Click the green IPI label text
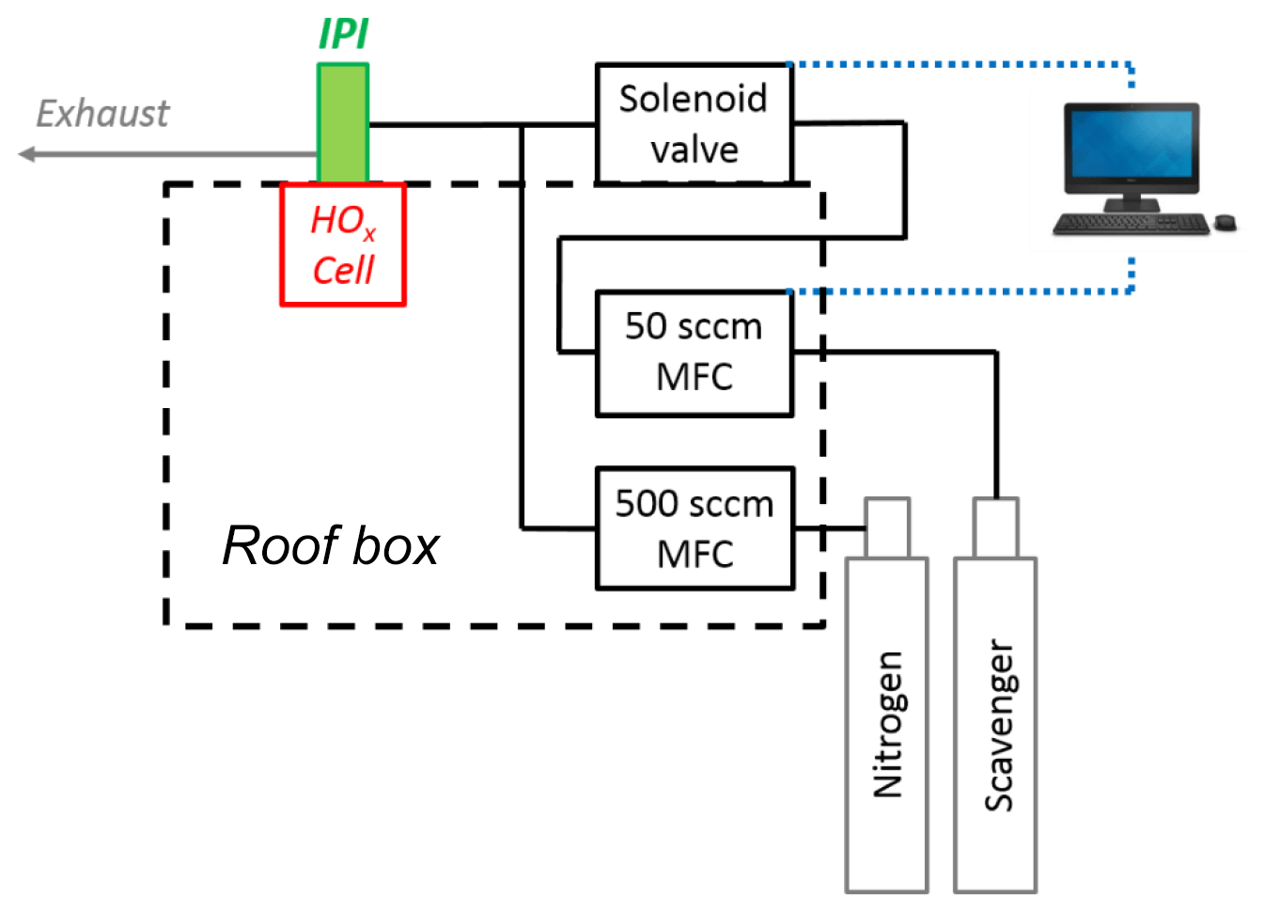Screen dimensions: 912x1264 coord(344,34)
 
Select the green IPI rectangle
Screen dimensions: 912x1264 coord(343,122)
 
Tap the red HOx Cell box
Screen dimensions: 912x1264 coord(343,244)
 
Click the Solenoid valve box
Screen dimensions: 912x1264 coord(694,123)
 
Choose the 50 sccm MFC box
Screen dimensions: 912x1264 coord(694,353)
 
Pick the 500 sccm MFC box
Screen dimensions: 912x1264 coord(694,528)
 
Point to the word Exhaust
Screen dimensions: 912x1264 coord(102,114)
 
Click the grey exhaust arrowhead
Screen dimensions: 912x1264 coord(27,154)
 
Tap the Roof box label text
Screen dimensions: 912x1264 coord(331,545)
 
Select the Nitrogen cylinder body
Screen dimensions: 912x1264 coord(886,724)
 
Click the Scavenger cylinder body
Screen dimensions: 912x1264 coord(995,724)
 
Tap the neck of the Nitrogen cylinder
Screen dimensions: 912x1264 coord(887,527)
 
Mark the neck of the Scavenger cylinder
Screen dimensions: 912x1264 coord(995,527)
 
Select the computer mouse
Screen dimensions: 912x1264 coord(1225,222)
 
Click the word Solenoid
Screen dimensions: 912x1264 coord(693,98)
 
